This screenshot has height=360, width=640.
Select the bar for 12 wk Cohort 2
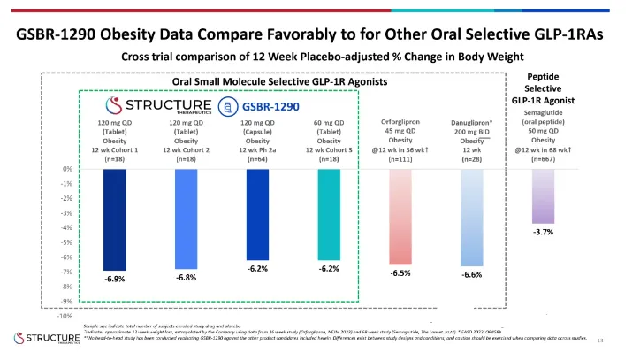pyautogui.click(x=186, y=218)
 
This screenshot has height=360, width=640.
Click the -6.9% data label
pyautogui.click(x=115, y=280)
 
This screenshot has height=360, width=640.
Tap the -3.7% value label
pyautogui.click(x=544, y=232)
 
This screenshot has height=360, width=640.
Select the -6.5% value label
pyautogui.click(x=400, y=273)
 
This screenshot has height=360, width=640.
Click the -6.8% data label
pyautogui.click(x=186, y=278)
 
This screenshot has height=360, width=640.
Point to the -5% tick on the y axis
pyautogui.click(x=66, y=242)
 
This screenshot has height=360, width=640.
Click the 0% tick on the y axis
pyautogui.click(x=68, y=169)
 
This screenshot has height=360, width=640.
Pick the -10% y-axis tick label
pyautogui.click(x=65, y=316)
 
